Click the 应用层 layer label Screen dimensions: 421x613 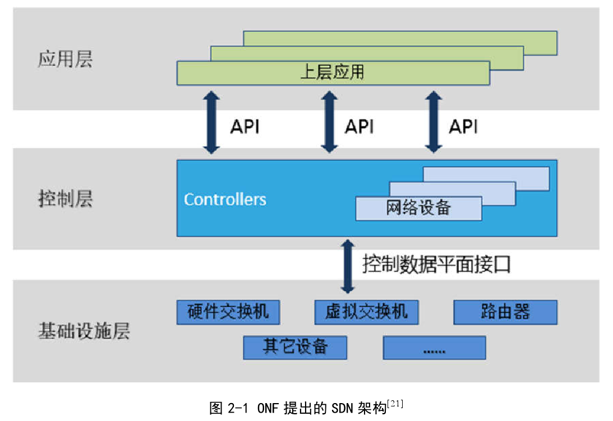pos(65,59)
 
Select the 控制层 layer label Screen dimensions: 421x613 pos(65,199)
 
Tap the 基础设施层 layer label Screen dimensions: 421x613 pos(84,331)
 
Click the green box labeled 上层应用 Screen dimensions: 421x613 pos(333,73)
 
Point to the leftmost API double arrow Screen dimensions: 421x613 pos(211,122)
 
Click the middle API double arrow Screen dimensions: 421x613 pos(329,122)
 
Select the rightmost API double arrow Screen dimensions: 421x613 pos(433,122)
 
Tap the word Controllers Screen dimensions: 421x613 pos(225,199)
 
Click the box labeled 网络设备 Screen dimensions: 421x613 pos(418,208)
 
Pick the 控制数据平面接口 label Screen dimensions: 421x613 pos(436,264)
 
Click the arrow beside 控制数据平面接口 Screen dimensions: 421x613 pos(348,266)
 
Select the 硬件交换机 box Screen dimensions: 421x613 pos(228,312)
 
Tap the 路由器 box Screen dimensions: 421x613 pos(505,312)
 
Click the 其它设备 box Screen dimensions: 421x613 pos(295,347)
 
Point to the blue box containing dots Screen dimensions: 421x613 pos(434,348)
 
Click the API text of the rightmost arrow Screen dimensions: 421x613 pos(463,127)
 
